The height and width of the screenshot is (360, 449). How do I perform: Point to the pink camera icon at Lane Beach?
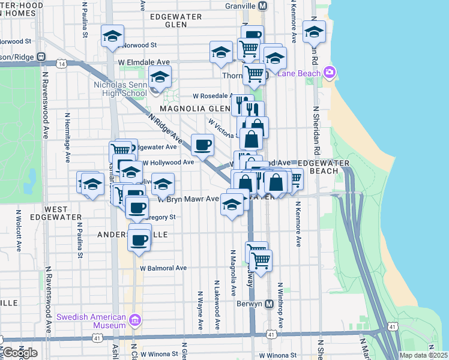[x=328, y=73]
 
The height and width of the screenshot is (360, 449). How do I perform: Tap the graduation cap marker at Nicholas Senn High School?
[x=160, y=77]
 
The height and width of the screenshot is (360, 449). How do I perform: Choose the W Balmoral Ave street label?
[x=164, y=268]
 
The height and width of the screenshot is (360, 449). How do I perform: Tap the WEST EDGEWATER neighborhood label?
[x=64, y=213]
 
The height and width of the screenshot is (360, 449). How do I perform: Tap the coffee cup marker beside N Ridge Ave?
[x=202, y=144]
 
